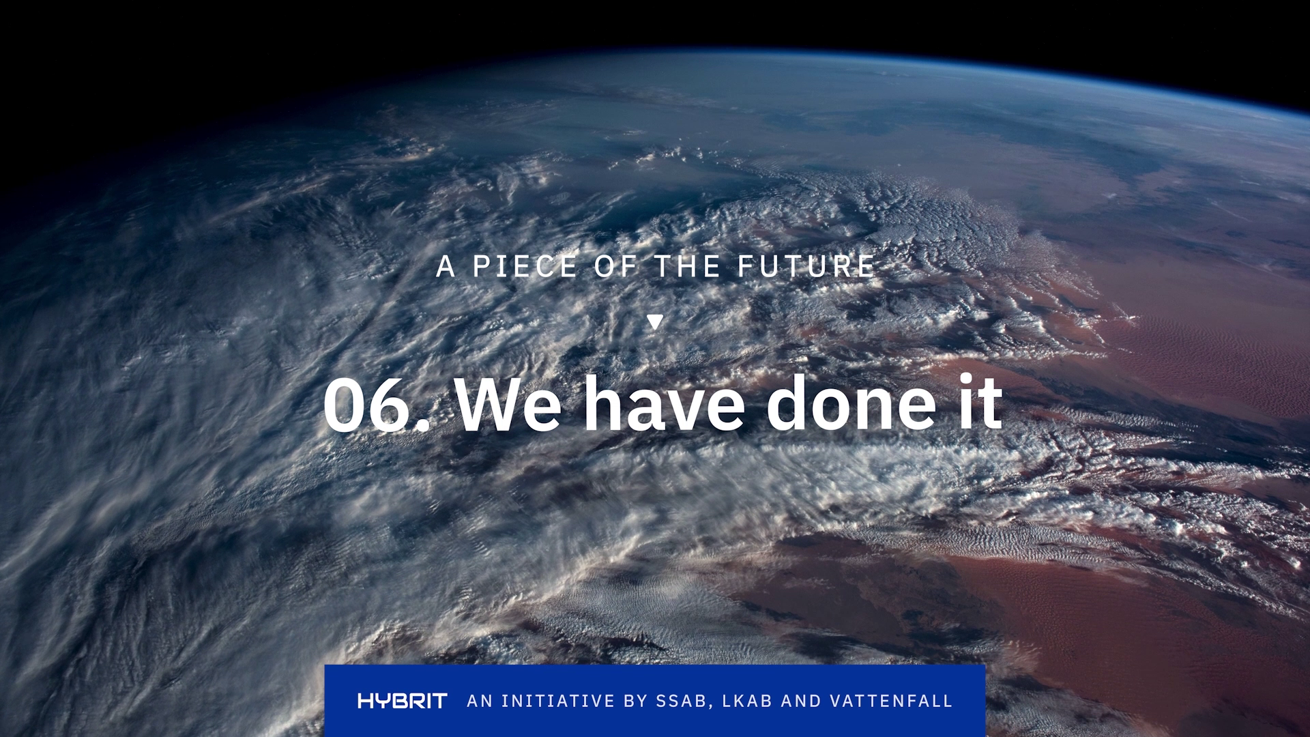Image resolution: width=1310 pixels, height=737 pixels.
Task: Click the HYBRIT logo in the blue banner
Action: (x=403, y=701)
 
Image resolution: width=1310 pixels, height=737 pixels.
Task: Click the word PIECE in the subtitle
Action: (x=525, y=266)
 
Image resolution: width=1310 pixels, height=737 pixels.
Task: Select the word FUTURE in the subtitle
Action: (x=806, y=266)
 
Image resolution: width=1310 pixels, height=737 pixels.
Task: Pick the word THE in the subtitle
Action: (x=687, y=266)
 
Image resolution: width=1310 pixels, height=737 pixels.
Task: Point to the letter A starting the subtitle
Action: (x=446, y=266)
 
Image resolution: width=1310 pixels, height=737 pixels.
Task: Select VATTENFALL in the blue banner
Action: (x=891, y=701)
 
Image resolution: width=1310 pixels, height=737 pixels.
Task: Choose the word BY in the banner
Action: (x=635, y=701)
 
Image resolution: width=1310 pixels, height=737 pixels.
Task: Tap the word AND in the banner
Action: (x=801, y=701)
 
